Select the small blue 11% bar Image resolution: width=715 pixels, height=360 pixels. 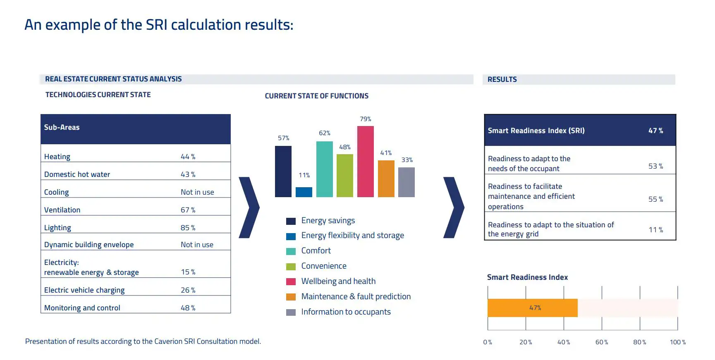coord(304,192)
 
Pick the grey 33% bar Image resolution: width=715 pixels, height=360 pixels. coord(406,182)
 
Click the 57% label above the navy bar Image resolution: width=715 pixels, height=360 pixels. coord(283,138)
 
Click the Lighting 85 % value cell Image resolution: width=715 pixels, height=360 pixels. coord(188,228)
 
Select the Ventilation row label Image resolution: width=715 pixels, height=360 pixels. coord(62,210)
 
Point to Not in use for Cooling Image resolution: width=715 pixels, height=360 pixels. coord(197,192)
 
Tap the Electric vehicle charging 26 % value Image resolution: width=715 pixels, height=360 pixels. coord(188,290)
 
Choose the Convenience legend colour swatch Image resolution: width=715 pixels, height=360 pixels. coord(291,267)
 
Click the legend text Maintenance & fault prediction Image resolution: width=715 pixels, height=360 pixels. coord(356,296)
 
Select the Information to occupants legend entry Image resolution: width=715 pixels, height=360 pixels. coord(346,312)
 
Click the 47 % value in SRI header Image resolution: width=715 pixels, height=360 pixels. coord(655,131)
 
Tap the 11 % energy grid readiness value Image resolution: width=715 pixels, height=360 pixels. coord(655,230)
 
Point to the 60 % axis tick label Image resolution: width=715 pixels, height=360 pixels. coord(602,342)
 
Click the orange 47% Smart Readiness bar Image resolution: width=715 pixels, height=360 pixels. coord(532,308)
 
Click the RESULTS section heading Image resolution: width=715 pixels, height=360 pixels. coord(502,79)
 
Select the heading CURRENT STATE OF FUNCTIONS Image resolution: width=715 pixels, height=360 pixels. coord(316,96)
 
